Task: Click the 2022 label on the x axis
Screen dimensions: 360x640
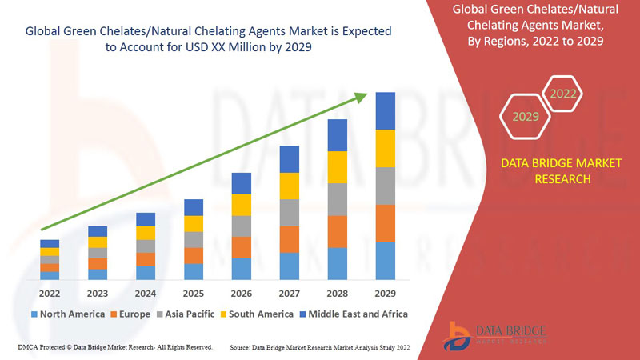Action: pos(50,293)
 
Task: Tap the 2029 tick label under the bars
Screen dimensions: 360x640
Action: pos(386,293)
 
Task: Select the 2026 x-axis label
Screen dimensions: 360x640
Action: pos(242,293)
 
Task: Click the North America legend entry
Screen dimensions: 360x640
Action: pos(67,314)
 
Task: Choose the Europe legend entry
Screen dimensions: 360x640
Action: pos(130,314)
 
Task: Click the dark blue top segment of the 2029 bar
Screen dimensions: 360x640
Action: pos(386,110)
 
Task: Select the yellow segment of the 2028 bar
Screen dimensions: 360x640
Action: pos(338,166)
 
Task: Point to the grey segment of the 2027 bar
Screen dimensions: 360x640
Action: pos(290,213)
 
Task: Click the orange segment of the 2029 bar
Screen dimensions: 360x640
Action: pos(386,223)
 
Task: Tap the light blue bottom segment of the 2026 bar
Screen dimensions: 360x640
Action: pos(242,269)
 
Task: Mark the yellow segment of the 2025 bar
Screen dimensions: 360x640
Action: pos(194,224)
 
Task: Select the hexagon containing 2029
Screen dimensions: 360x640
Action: pos(526,117)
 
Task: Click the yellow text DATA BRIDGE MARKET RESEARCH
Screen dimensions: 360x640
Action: pos(549,171)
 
